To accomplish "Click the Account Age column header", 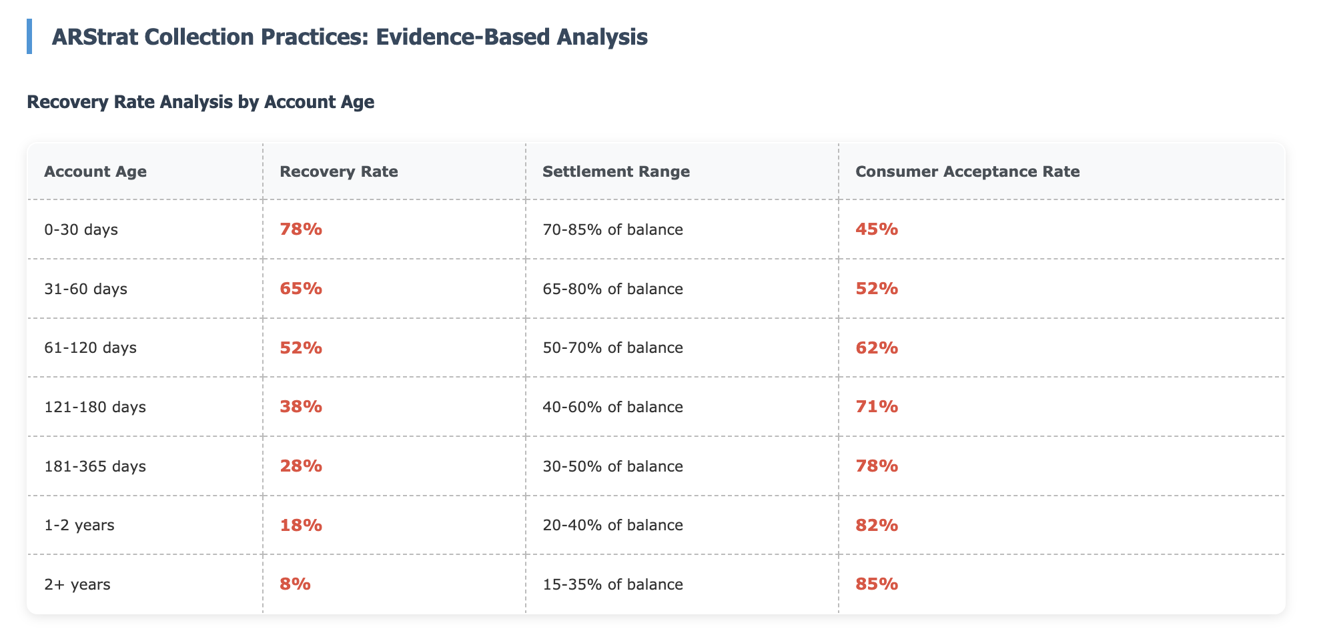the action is [x=95, y=171].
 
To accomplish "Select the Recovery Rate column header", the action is [x=339, y=171].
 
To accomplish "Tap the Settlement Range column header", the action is [x=616, y=171].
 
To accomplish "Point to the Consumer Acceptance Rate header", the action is [x=967, y=171].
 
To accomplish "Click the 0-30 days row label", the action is [x=81, y=229].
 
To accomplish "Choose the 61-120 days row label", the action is [x=90, y=348].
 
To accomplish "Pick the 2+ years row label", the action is [x=77, y=584].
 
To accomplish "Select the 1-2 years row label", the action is [x=79, y=525].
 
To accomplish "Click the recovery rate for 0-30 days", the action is [x=301, y=229].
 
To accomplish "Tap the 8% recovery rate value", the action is [x=295, y=584].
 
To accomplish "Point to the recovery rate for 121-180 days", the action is [x=301, y=407].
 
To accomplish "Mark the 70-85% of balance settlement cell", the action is [x=612, y=229].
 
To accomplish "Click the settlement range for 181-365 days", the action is [x=612, y=466].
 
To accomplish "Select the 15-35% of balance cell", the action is [x=612, y=584].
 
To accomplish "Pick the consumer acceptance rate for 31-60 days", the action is [x=877, y=289].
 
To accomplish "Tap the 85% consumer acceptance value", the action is [x=877, y=584].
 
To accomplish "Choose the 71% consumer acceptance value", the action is [x=877, y=407].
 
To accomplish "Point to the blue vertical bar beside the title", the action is [x=29, y=37].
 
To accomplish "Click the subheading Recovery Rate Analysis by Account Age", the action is [x=200, y=102].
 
